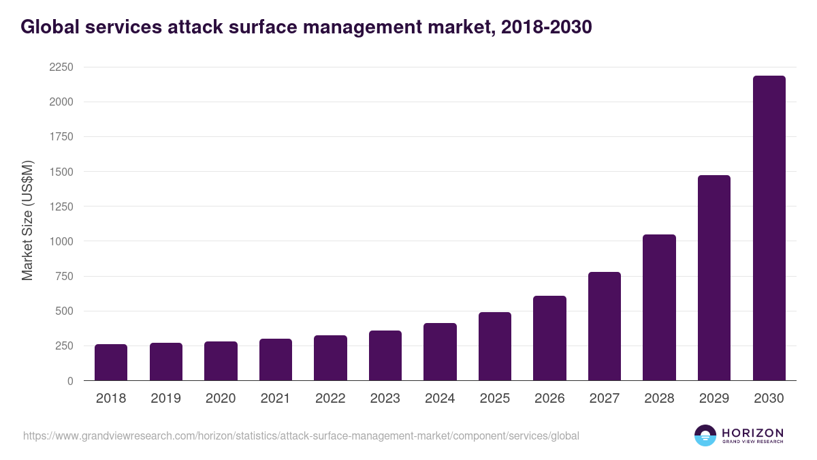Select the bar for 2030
[x=769, y=228]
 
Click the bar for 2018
[x=111, y=363]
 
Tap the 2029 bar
[x=714, y=278]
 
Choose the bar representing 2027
[x=605, y=326]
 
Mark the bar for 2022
[x=330, y=358]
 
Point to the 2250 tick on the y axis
[x=61, y=67]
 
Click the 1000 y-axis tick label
[x=61, y=241]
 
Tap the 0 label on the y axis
[x=69, y=381]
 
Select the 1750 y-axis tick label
[x=61, y=137]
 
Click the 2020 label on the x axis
[x=221, y=399]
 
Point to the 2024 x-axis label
[x=440, y=399]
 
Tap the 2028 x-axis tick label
[x=659, y=399]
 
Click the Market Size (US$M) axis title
[x=27, y=220]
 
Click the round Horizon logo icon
[x=705, y=435]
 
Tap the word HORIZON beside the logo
[x=752, y=432]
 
